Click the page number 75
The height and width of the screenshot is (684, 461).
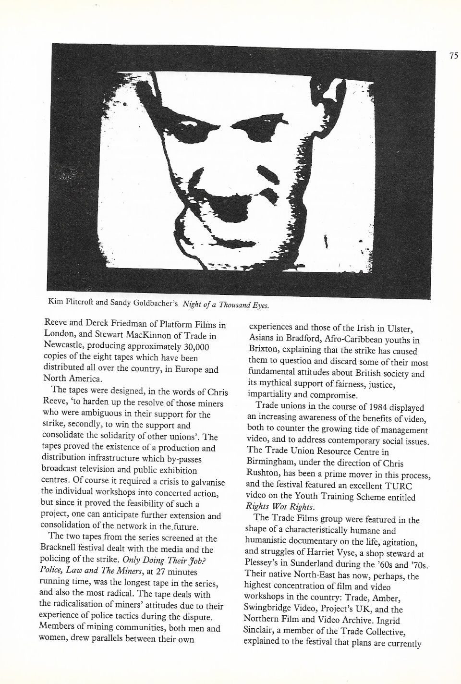coord(454,55)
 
